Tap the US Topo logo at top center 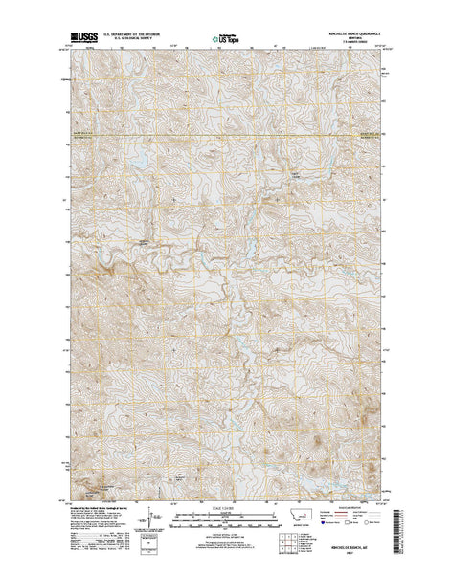click(225, 40)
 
